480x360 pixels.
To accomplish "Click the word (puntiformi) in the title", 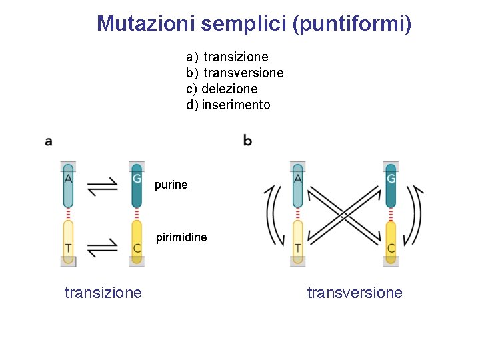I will [352, 25].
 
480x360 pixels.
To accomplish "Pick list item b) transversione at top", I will [235, 73].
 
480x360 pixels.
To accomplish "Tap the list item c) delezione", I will [222, 89].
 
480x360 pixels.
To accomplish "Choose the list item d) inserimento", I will [229, 105].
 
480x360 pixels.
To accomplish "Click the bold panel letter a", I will [49, 141].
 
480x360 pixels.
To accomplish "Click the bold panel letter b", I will [248, 141].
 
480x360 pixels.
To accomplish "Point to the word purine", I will [171, 185].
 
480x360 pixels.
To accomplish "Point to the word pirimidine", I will [181, 237].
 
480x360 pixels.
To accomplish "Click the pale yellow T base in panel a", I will [68, 242].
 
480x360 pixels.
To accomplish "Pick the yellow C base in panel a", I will [137, 242].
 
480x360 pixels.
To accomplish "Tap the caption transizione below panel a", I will [103, 293].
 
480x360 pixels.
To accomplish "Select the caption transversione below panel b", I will [355, 293].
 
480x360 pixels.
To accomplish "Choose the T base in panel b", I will [297, 242].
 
